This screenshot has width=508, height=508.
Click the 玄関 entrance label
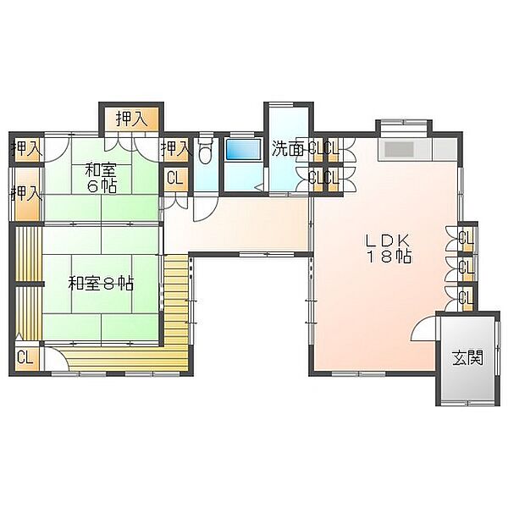click(x=468, y=358)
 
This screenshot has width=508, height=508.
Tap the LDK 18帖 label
click(x=389, y=248)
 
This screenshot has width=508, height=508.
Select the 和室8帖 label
click(x=101, y=284)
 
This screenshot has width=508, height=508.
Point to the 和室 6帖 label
click(x=101, y=178)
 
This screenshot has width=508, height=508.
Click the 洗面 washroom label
click(x=288, y=149)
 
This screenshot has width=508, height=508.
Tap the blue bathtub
click(x=243, y=149)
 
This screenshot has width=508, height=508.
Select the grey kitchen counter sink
click(x=398, y=149)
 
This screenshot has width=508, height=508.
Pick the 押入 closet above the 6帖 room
click(x=132, y=119)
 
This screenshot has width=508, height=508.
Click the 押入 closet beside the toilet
click(x=175, y=150)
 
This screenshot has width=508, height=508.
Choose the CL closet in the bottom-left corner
click(x=25, y=357)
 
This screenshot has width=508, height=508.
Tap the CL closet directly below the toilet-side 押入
click(x=175, y=178)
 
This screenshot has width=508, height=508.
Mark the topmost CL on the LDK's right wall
click(x=467, y=239)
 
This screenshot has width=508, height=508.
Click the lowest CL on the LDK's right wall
click(x=467, y=297)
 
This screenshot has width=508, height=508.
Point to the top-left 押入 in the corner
click(x=27, y=150)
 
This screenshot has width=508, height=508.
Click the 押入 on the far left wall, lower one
click(x=27, y=195)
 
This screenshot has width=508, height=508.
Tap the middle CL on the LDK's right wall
click(x=467, y=268)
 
